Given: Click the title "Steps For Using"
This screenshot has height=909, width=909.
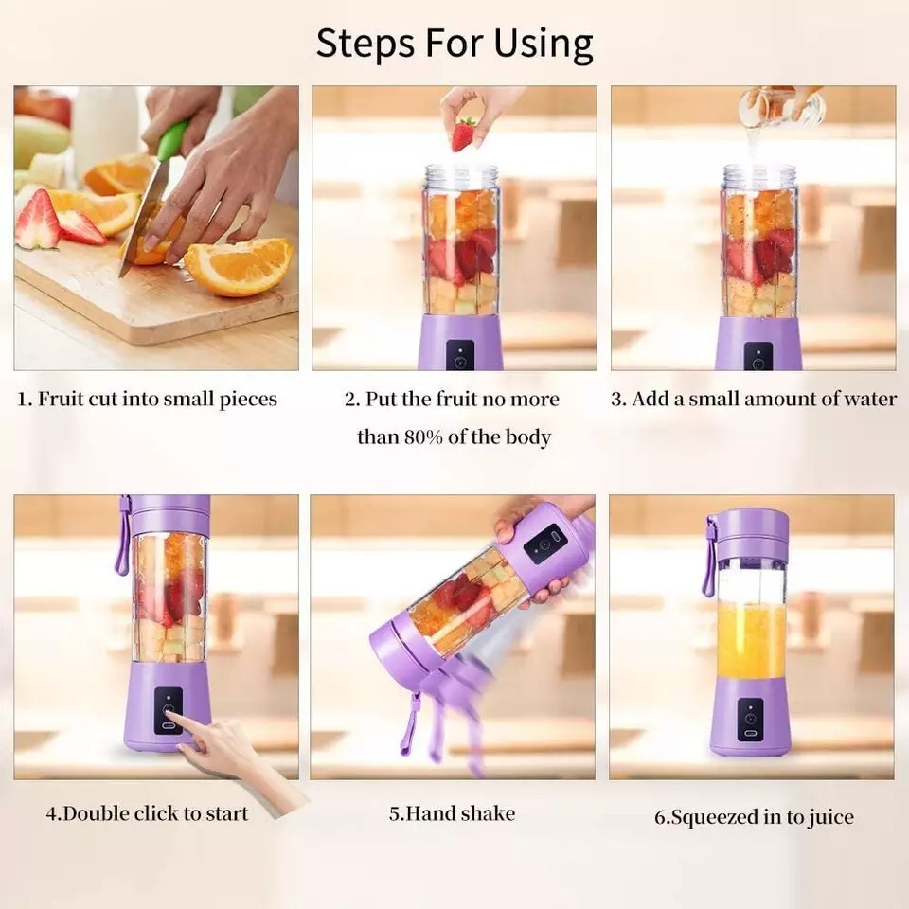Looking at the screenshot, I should (x=454, y=44).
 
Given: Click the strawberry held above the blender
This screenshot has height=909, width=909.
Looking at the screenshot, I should (x=463, y=134).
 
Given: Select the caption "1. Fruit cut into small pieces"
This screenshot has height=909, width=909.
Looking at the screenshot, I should (x=148, y=399).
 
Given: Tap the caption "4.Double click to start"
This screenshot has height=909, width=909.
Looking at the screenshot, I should (x=148, y=812).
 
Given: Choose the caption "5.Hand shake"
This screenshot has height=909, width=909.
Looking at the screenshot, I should (x=452, y=812).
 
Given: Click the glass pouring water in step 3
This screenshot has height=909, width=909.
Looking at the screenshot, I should (x=781, y=106).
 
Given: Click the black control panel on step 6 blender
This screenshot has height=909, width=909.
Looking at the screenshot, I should (x=750, y=719).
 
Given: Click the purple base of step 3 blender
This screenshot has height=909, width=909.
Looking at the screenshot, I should (x=758, y=345).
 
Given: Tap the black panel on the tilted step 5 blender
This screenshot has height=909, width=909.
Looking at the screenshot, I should (x=544, y=544).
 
